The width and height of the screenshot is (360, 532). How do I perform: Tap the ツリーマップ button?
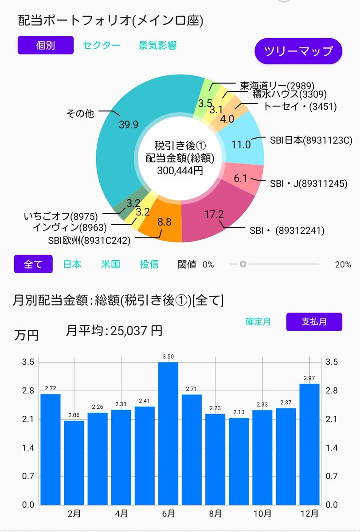tap(298, 51)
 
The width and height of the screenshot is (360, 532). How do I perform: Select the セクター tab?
tap(101, 46)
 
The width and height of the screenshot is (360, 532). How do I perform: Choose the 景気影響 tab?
tap(157, 46)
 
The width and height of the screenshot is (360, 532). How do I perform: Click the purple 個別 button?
tap(45, 45)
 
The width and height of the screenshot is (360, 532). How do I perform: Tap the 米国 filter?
tap(110, 264)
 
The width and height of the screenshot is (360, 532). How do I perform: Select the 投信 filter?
tap(149, 264)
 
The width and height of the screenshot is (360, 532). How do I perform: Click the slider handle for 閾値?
tap(243, 264)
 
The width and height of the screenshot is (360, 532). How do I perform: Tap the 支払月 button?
tap(314, 321)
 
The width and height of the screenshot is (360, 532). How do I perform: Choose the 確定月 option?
tap(258, 321)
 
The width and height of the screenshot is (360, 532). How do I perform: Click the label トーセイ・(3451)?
tap(300, 107)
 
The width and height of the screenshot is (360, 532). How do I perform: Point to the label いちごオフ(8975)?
tap(60, 216)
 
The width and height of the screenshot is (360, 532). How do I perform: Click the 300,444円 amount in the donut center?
tap(180, 170)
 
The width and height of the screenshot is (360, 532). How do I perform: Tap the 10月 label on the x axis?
tap(262, 514)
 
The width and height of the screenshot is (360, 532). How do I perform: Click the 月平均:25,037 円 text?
tap(114, 330)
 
